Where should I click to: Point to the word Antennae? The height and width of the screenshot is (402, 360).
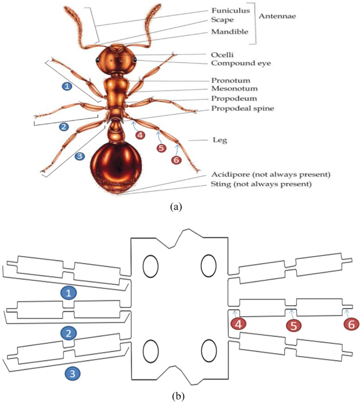click(277, 16)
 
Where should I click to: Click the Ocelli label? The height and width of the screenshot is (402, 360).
click(222, 54)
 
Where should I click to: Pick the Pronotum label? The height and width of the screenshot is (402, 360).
click(229, 81)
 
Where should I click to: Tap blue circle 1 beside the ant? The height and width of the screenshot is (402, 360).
click(67, 85)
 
